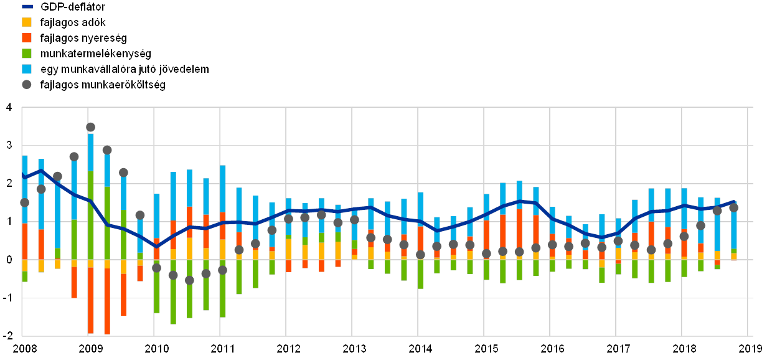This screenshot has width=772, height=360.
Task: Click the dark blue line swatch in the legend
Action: coord(27,7)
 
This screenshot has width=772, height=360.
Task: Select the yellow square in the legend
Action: coord(27,22)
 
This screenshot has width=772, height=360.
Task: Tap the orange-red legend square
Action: coord(27,38)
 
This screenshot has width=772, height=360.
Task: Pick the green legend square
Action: coord(27,54)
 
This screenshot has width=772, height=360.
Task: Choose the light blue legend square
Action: coord(27,69)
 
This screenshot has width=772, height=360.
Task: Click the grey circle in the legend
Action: coord(27,85)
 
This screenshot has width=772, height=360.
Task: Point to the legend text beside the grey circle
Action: coord(103,85)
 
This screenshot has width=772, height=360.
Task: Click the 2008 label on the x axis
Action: coord(24,348)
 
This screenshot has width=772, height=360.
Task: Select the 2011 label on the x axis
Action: coord(222,348)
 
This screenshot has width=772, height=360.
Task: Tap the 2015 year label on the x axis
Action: coord(486,348)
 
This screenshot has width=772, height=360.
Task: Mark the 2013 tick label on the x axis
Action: coord(354,348)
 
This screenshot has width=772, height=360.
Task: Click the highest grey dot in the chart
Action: coord(90,127)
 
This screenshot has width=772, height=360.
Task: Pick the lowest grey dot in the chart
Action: coord(189,280)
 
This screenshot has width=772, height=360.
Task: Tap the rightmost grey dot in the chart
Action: coord(733,207)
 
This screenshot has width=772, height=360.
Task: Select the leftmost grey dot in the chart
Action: coord(25,202)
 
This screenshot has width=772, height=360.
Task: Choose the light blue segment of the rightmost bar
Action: coord(733,227)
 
